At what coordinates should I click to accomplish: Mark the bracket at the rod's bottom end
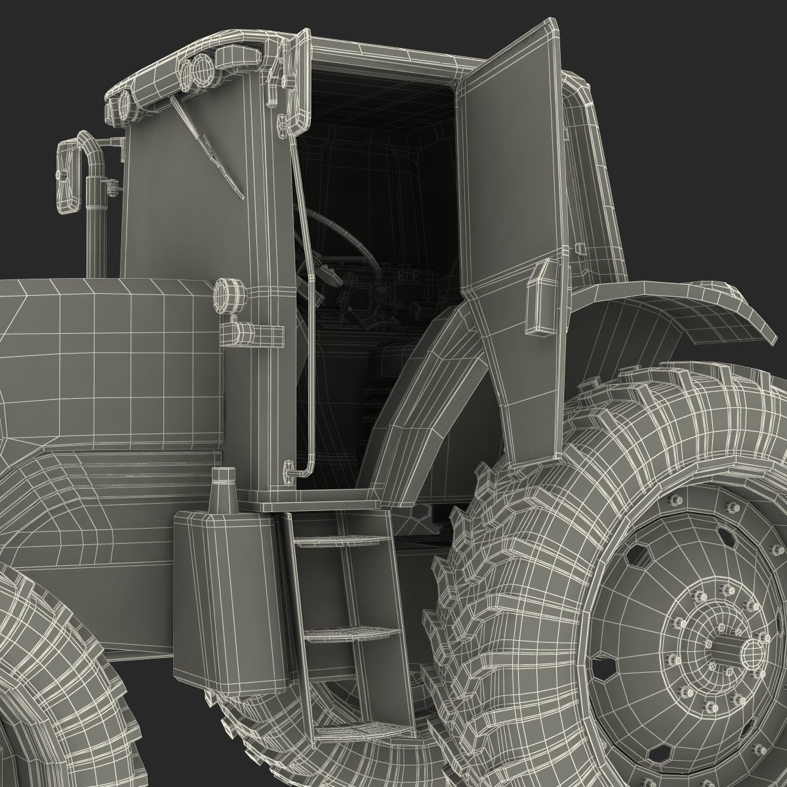click(x=289, y=468)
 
